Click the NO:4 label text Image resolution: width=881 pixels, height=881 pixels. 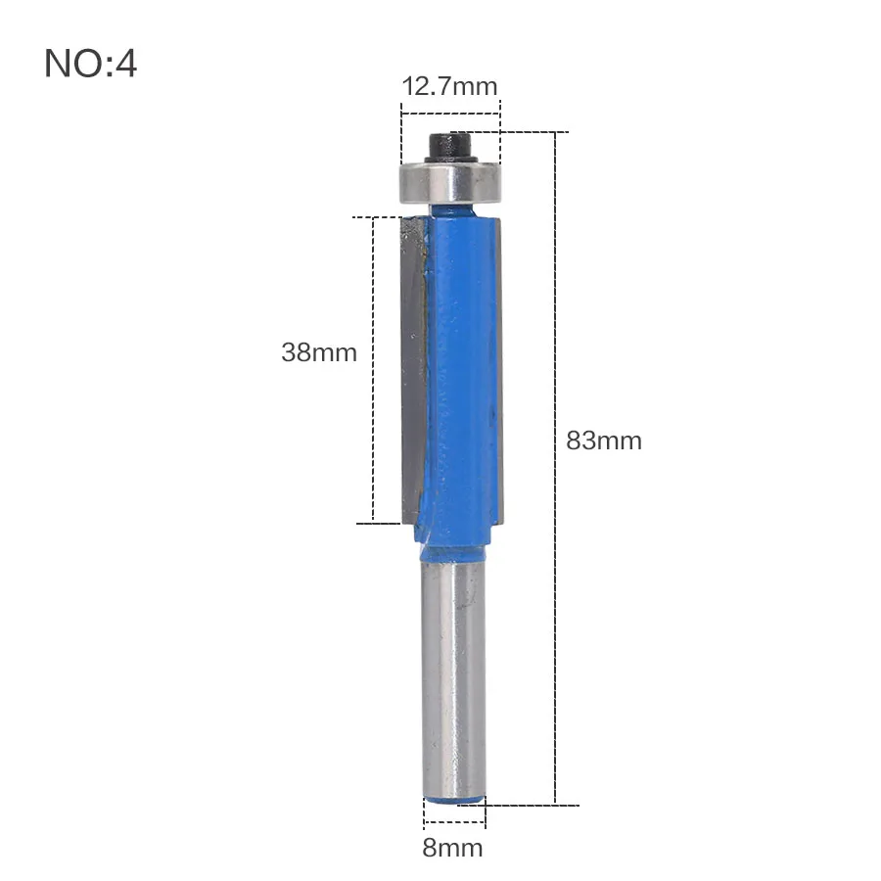[x=90, y=63]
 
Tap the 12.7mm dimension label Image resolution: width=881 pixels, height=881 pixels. [x=450, y=86]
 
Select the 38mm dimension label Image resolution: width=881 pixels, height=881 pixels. [x=319, y=352]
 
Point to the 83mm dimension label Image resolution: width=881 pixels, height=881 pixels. [x=604, y=440]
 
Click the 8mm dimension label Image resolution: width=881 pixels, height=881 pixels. [x=453, y=848]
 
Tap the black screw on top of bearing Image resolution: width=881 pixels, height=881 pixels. [x=450, y=147]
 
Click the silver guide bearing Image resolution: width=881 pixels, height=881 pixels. [x=449, y=183]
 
